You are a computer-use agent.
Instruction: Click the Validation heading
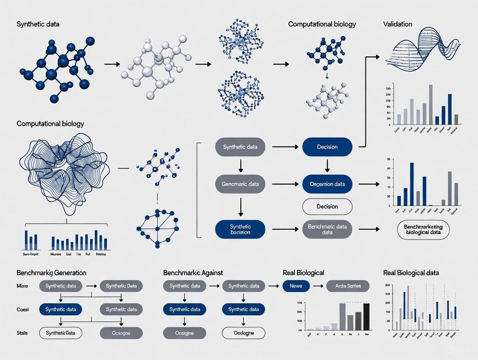[x=397, y=24]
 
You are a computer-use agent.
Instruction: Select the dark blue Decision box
[x=327, y=147]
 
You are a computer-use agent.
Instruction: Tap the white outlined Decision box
[x=327, y=206]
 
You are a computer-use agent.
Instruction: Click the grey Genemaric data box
[x=240, y=184]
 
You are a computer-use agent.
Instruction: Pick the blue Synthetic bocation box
[x=240, y=229]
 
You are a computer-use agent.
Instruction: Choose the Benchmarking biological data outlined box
[x=423, y=229]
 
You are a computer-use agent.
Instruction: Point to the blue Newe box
[x=296, y=286]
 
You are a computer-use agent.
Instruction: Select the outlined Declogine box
[x=243, y=333]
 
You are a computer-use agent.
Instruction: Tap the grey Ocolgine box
[x=184, y=333]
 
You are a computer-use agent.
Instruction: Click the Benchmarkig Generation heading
[x=51, y=273]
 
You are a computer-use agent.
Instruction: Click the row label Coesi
[x=23, y=309]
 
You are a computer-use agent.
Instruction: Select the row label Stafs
[x=23, y=333]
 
